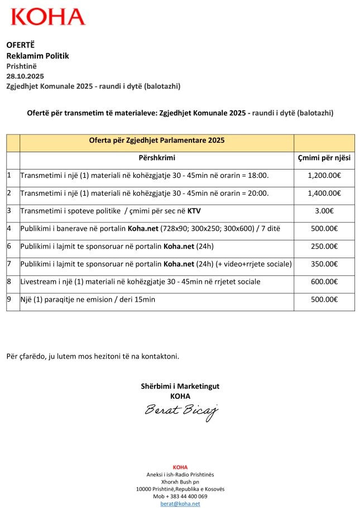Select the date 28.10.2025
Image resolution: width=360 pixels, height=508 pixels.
click(x=25, y=75)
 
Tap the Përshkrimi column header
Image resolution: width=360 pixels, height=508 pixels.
click(x=157, y=158)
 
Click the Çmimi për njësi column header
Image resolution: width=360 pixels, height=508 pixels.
click(x=324, y=158)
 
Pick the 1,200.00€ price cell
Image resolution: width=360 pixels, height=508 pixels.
click(x=324, y=176)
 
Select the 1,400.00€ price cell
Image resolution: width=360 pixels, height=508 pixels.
click(x=324, y=193)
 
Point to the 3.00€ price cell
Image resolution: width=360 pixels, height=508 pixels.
click(x=324, y=211)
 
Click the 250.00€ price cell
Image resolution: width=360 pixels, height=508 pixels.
click(x=324, y=246)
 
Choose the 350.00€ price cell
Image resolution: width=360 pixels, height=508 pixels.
click(x=324, y=264)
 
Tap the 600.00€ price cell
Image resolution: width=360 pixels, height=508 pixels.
click(x=324, y=282)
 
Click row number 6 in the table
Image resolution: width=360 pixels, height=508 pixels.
click(x=9, y=246)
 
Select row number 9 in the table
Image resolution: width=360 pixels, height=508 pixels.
click(x=9, y=299)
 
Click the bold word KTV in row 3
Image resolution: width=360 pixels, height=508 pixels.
click(x=194, y=211)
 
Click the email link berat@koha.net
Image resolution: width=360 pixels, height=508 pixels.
click(x=180, y=504)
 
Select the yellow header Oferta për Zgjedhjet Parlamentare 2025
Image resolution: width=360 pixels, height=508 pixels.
click(x=157, y=141)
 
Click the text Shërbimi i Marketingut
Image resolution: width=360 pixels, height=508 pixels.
click(x=180, y=386)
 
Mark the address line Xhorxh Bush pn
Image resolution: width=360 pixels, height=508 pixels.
click(x=180, y=481)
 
